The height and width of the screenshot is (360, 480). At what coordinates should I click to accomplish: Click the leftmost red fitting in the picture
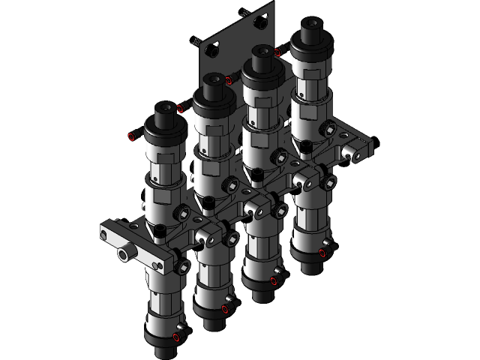click(x=133, y=136)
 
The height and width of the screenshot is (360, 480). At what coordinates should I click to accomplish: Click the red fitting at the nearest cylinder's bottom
click(x=177, y=336)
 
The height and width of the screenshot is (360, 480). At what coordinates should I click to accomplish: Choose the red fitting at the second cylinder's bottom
click(x=226, y=306)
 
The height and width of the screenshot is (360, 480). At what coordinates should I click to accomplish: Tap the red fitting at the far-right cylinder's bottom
click(x=323, y=253)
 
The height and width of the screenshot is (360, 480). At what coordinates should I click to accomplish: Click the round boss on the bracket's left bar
click(x=123, y=256)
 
